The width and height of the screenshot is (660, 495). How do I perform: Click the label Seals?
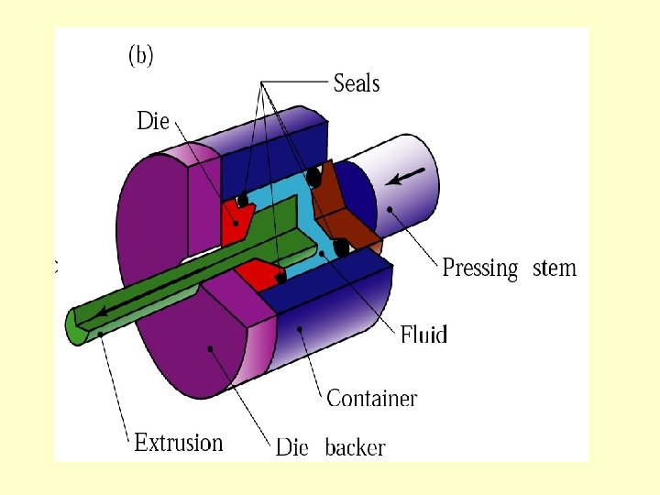point(357,83)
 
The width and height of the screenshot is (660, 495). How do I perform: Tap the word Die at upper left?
point(153,121)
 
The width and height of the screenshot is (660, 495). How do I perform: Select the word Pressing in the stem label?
point(480,269)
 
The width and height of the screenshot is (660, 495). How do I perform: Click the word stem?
point(554,269)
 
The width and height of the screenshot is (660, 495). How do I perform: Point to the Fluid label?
point(423,335)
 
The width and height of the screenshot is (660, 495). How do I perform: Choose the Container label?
point(371,399)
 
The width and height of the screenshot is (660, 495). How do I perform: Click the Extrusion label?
point(179,443)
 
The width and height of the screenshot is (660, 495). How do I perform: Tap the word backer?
point(355,448)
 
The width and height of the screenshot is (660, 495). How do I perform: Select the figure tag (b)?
point(140,56)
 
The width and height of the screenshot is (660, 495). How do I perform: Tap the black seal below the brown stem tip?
point(341,247)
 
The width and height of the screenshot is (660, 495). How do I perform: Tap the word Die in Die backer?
point(291,448)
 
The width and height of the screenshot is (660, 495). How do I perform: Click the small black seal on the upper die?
point(243,200)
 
